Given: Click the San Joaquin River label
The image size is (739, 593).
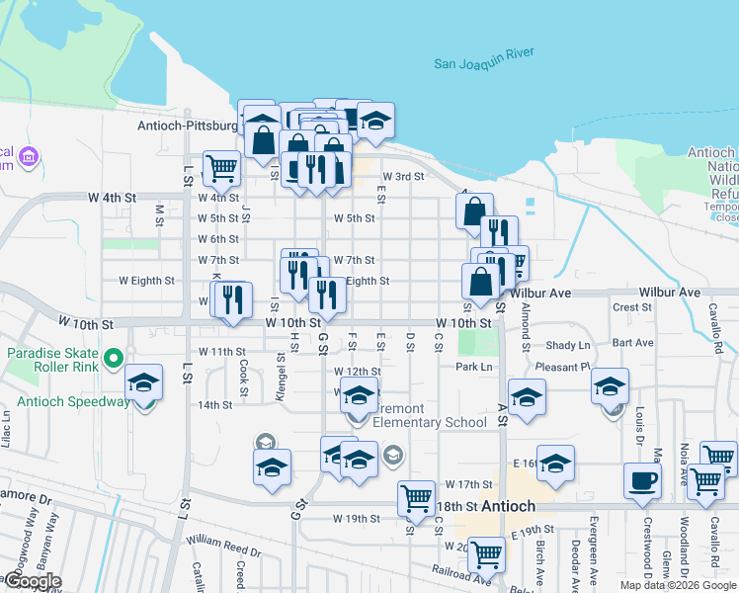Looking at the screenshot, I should pyautogui.click(x=484, y=64).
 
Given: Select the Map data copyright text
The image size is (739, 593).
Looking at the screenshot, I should pyautogui.click(x=678, y=585).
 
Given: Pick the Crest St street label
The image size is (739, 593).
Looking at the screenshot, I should pyautogui.click(x=632, y=307).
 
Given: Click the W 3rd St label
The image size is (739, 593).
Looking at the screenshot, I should pyautogui.click(x=403, y=177).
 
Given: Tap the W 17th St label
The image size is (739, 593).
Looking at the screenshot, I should pyautogui.click(x=468, y=484).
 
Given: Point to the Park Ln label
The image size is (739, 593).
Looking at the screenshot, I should pyautogui.click(x=474, y=367).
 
